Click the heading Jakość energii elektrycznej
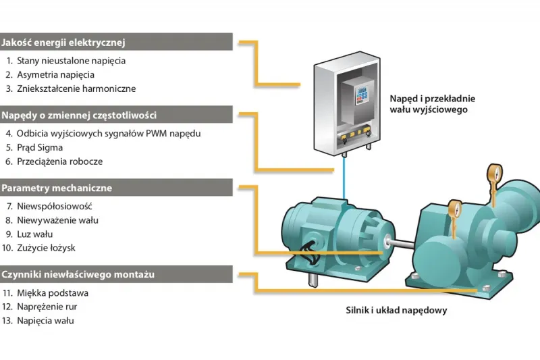coord(64,43)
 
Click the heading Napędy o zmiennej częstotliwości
coord(79,115)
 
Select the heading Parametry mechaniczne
coord(57,188)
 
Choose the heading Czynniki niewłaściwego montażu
coord(78,275)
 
